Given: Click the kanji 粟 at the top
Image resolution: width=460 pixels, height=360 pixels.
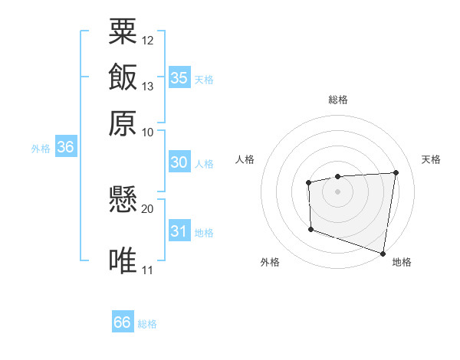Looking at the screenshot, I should [123, 33].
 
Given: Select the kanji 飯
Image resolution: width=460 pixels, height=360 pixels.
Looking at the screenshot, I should [123, 77].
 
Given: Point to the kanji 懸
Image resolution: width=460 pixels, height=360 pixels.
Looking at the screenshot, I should [123, 201].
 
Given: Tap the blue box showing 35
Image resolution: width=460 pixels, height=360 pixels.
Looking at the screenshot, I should [179, 77].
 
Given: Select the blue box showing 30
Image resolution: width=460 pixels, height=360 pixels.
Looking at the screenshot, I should [179, 162].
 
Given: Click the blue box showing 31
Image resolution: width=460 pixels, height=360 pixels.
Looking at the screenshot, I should [179, 232].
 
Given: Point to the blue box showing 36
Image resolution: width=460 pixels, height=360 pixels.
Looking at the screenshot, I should [65, 148].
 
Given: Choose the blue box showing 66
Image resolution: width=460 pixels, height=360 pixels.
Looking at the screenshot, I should [123, 322].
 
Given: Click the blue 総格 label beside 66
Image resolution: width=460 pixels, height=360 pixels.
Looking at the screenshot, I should [147, 324].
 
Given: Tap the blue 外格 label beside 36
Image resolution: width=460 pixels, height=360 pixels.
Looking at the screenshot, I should [40, 149].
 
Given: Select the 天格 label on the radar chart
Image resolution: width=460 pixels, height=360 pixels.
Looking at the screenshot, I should [431, 159].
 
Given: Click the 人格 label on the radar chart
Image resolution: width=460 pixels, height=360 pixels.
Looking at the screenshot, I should [245, 159].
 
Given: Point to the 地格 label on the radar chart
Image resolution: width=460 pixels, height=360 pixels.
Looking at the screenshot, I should [402, 262].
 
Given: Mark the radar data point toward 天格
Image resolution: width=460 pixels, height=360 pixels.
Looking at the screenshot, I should [396, 172].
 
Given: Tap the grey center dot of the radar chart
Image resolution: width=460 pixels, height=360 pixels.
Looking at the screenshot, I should [337, 191].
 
